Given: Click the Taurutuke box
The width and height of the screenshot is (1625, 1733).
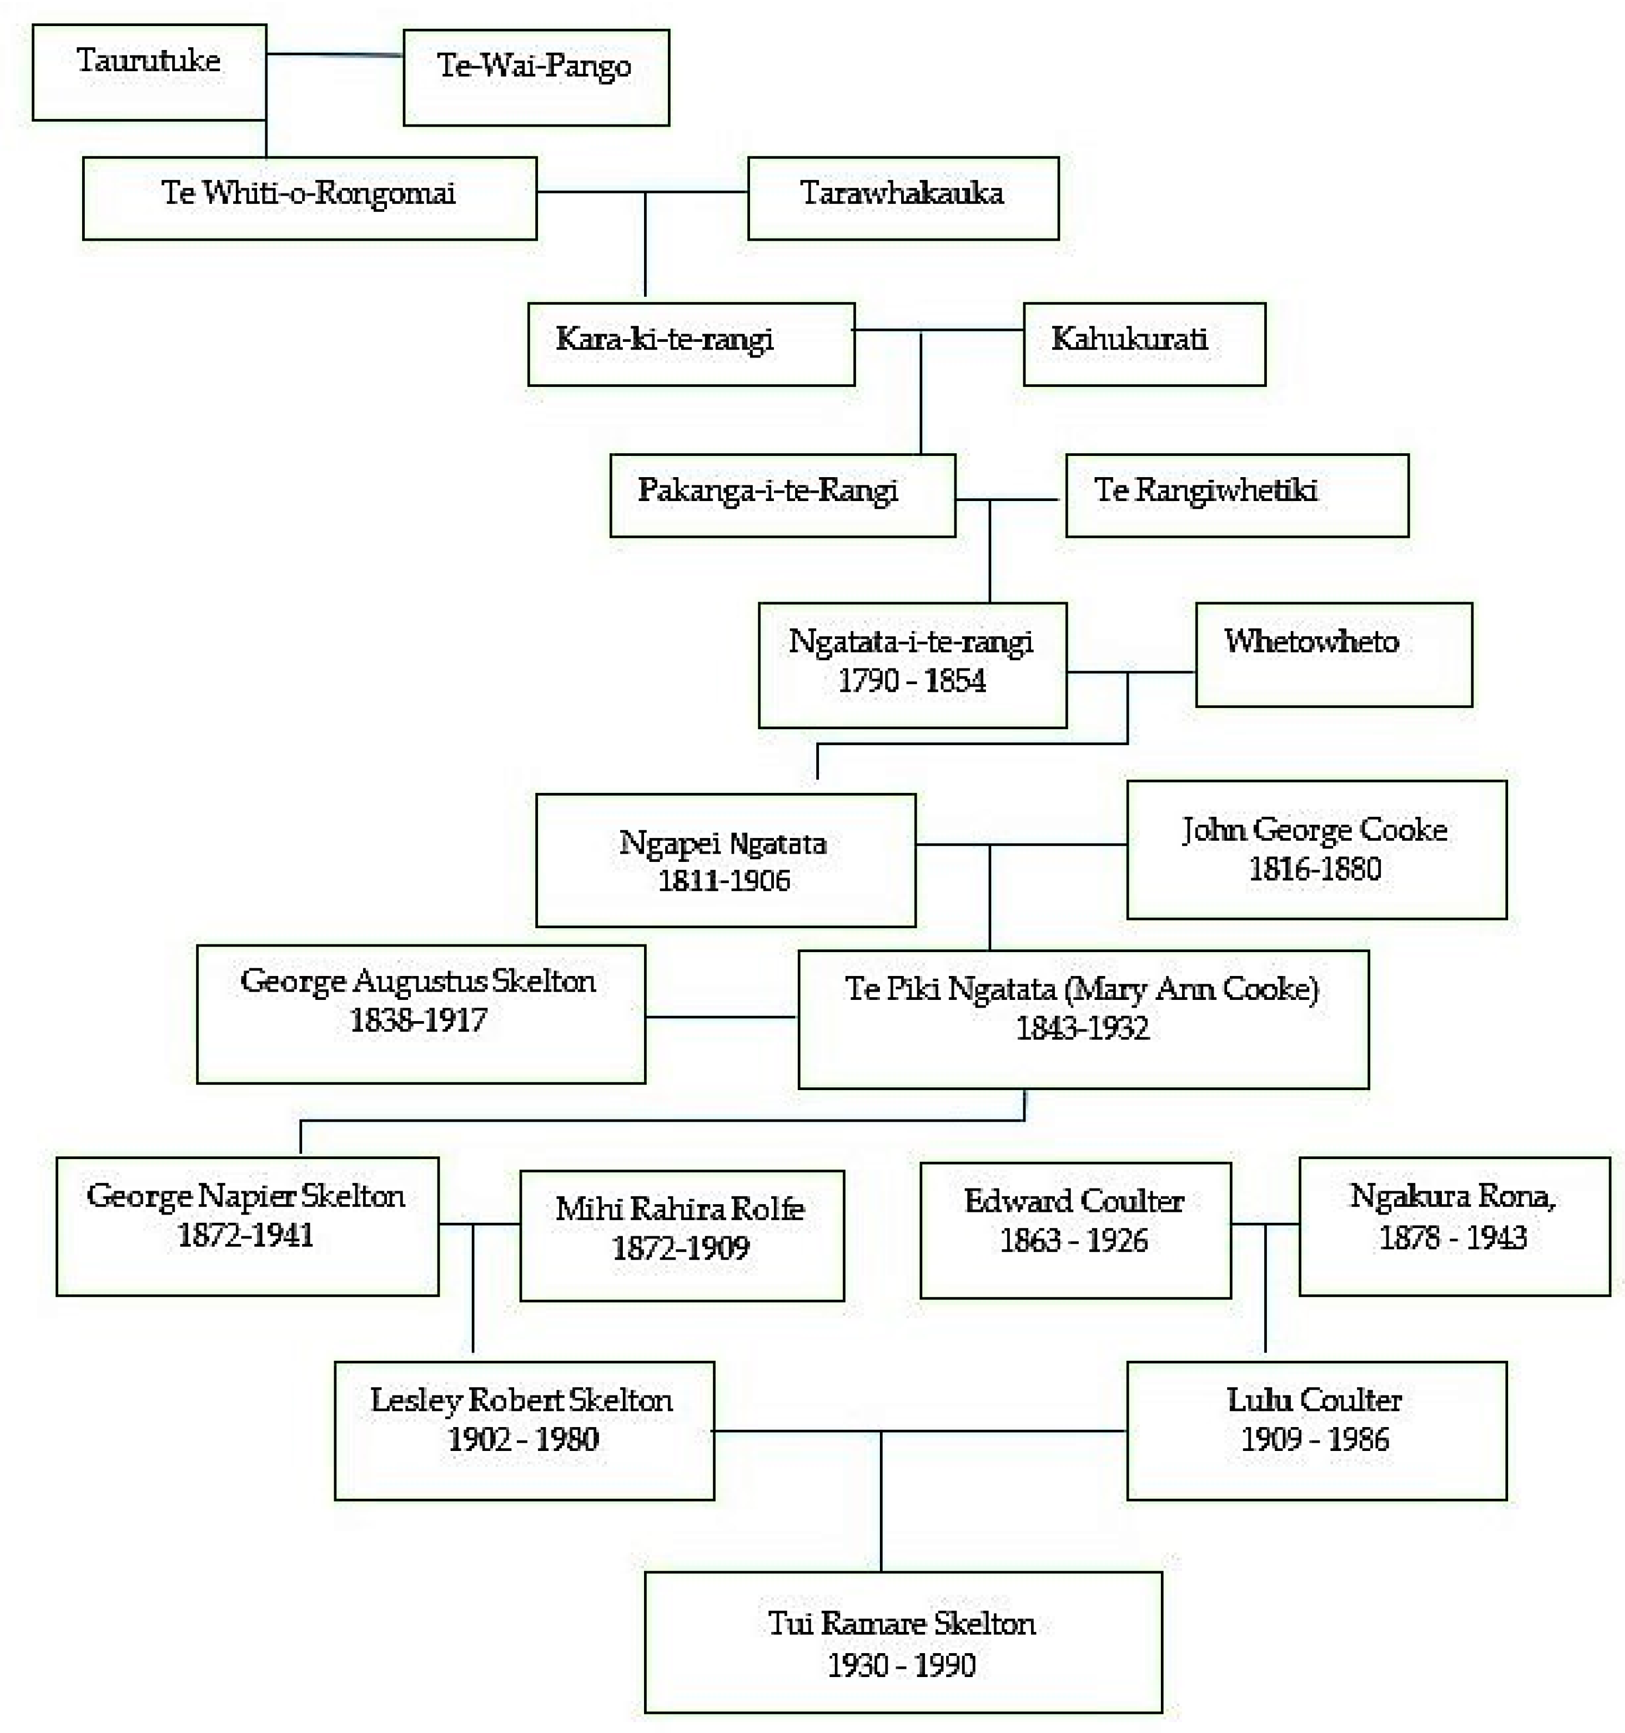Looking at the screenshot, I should pos(149,72).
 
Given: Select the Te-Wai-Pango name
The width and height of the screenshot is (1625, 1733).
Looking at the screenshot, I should pos(534,65).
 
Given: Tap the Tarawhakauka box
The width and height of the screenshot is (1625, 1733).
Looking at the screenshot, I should pos(902,198).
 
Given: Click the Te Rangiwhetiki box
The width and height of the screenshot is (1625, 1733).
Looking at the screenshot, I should pos(1236,495).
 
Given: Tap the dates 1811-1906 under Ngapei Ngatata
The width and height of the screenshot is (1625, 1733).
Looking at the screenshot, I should pos(723,880).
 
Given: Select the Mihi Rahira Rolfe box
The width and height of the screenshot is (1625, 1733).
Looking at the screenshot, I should pos(681,1235).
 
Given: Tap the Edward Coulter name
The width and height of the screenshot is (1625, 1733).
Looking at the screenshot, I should pos(1073,1201).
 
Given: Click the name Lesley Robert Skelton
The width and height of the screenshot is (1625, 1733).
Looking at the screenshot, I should pos(521,1400).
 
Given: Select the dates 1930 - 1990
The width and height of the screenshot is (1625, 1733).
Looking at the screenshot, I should pos(902,1665).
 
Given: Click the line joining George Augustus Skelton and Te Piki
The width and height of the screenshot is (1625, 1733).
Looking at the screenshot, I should pos(721,1016).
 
